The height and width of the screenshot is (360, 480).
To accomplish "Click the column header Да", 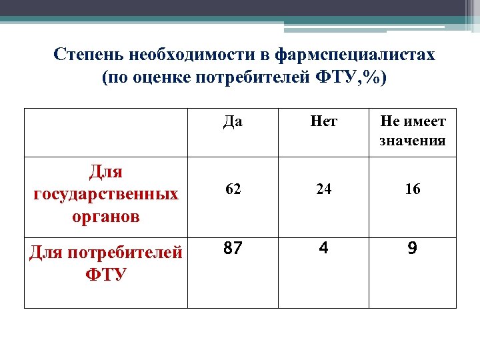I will tap(233, 122).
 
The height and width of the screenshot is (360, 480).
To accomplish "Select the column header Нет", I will tap(323, 122).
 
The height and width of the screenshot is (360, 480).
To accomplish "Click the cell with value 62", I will tap(233, 189).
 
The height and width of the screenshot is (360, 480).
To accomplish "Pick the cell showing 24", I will tap(323, 189).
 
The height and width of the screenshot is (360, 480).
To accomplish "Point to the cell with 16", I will tap(413, 189).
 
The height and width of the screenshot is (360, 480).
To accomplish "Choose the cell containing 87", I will tap(233, 249).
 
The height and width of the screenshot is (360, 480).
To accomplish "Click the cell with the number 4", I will tap(323, 249).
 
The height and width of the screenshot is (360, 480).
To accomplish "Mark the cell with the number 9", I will tap(413, 249).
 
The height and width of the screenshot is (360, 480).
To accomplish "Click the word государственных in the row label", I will tap(106, 194).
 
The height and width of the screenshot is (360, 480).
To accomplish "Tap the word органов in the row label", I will tap(106, 217).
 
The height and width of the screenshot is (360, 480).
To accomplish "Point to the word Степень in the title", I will tap(89, 55).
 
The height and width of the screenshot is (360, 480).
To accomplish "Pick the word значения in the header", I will tap(413, 141).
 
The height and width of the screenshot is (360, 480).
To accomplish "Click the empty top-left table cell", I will tap(106, 132).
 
